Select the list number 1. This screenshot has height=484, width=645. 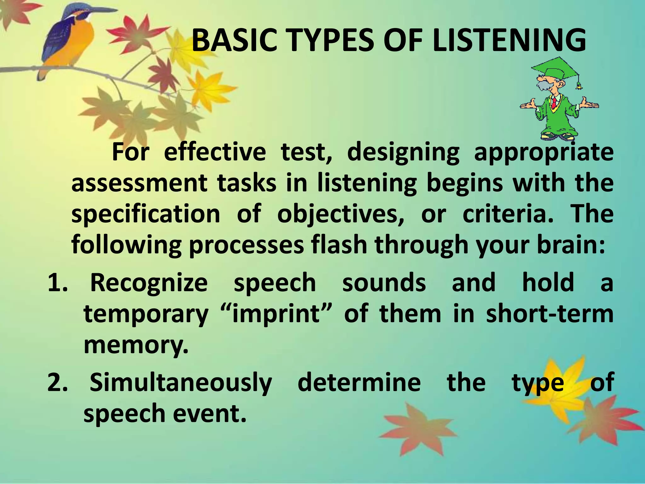point(57,283)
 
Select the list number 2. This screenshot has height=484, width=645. point(57,382)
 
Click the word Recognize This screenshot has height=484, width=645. point(149,283)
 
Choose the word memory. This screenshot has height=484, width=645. point(135,345)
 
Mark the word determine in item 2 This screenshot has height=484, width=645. point(359,382)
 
